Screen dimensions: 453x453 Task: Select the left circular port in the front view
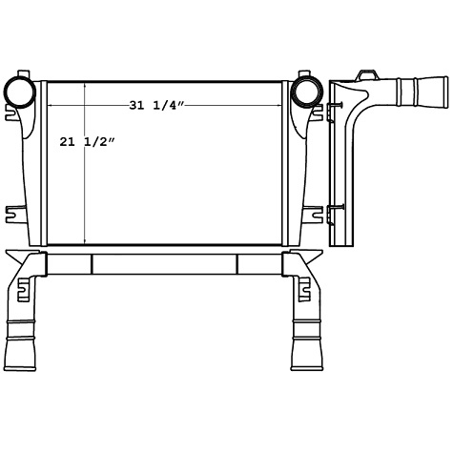tap(20, 92)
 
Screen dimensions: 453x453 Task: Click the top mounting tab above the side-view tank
tap(365, 73)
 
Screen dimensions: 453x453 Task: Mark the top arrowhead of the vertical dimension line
tap(86, 86)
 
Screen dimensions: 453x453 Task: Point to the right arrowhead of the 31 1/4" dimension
tap(278, 104)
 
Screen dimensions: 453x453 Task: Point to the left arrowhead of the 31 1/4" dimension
tap(51, 104)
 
